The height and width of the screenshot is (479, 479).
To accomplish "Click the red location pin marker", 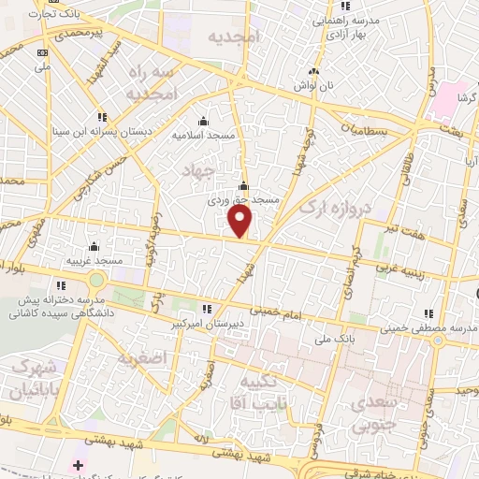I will tap(240, 221).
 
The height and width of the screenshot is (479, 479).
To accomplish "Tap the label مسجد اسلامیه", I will tap(202, 136).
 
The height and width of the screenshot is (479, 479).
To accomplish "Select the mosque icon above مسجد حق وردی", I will tap(243, 185).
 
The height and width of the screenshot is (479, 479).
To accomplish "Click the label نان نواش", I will tap(315, 86).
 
